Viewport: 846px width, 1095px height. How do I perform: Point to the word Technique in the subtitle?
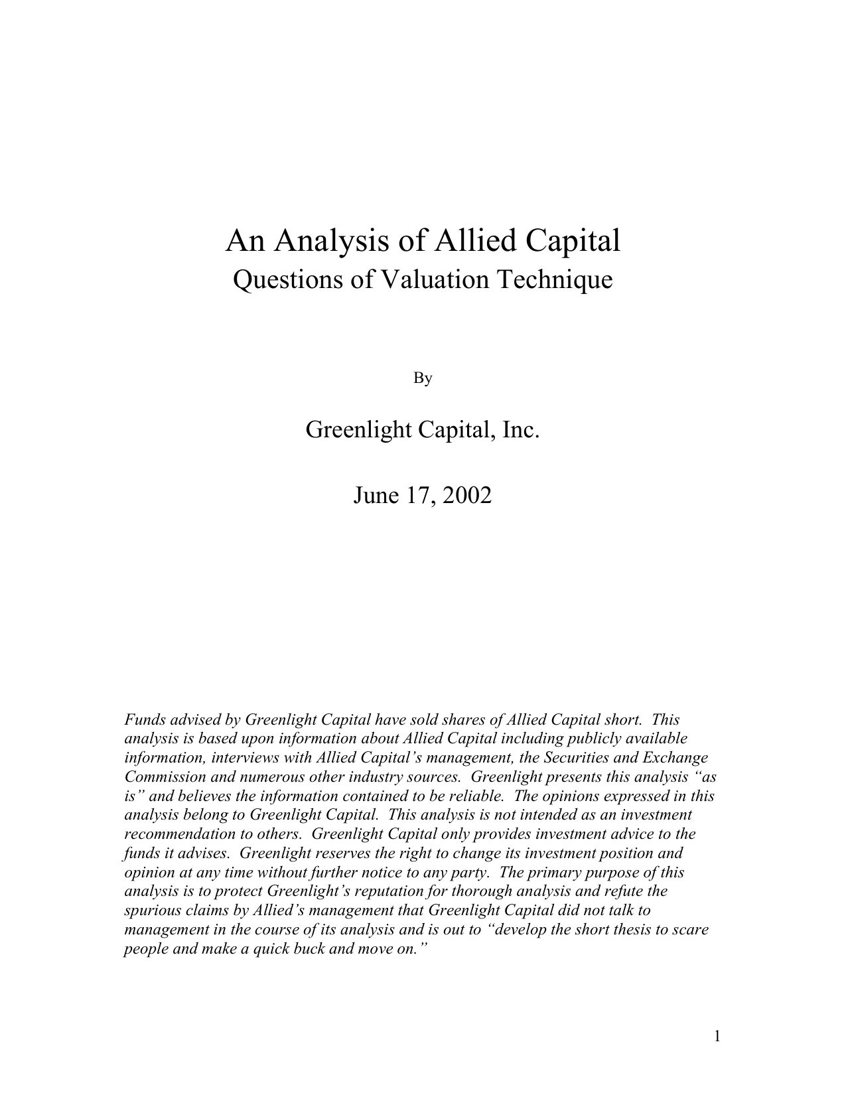point(554,279)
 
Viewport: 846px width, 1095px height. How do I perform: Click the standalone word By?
point(423,378)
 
